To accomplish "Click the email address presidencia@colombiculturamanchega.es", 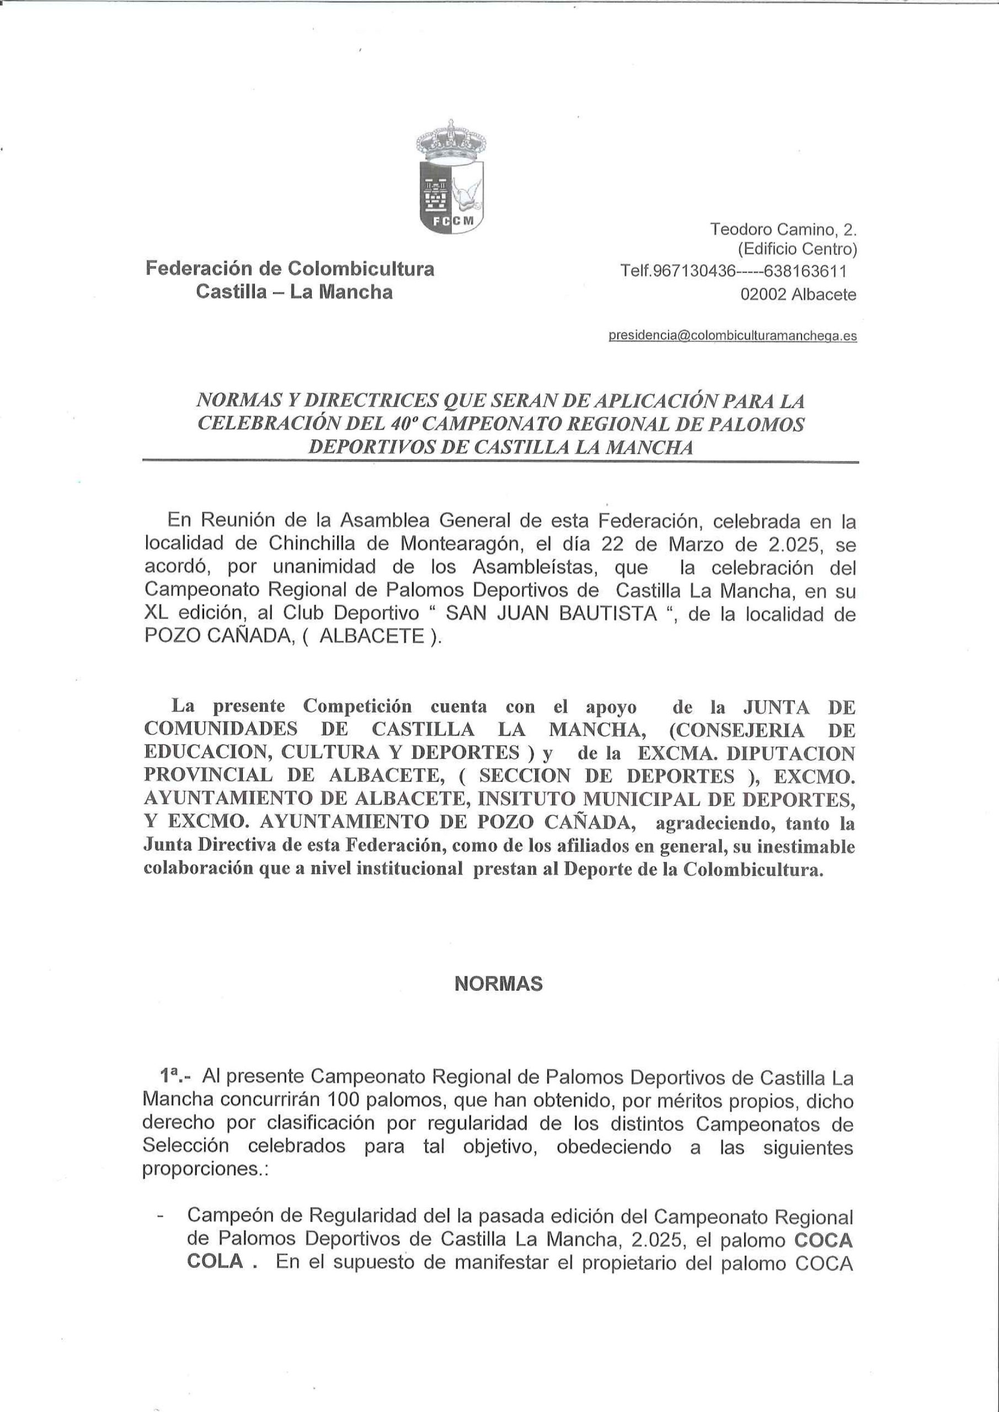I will point(732,336).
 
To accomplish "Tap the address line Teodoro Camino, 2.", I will point(784,229).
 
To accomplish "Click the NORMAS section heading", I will point(499,984).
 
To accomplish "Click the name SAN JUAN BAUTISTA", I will point(551,614).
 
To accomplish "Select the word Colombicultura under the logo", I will point(361,269).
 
